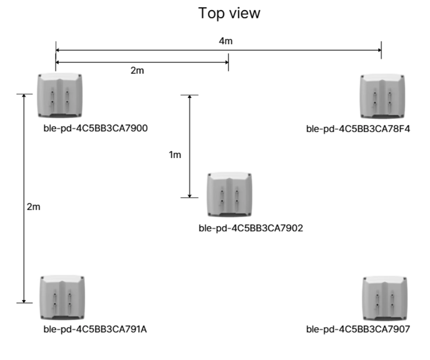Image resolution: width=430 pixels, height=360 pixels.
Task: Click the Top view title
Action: coord(229,13)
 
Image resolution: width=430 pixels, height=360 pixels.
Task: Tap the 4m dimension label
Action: coord(226,41)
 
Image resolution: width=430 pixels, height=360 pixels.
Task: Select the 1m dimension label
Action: coord(175,155)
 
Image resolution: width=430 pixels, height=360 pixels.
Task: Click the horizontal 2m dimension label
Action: coord(137,71)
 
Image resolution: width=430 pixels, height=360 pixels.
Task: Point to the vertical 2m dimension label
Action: coord(33,206)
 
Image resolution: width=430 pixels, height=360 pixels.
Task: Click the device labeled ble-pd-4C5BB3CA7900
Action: coord(60,95)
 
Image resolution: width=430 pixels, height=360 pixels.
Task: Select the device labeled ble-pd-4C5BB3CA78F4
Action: coord(382,96)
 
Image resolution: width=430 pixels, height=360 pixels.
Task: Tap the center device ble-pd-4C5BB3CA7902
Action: coord(230,195)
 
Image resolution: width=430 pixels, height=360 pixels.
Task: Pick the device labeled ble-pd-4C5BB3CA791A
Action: coord(62,297)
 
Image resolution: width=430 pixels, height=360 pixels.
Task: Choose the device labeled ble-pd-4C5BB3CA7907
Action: coord(385,298)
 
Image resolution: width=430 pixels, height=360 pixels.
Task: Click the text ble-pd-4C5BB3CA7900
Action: coord(96,128)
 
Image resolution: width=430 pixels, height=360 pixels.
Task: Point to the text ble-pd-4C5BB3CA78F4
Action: coord(358,129)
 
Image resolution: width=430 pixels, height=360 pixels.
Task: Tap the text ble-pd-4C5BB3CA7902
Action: coord(251,228)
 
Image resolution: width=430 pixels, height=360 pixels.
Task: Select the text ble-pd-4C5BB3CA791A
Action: coord(95,329)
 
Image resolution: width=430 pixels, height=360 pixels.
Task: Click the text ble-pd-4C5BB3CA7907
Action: coord(358,329)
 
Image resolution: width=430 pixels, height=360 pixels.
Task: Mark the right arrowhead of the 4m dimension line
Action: coord(380,50)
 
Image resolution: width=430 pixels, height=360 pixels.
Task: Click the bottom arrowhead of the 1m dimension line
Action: coord(189,196)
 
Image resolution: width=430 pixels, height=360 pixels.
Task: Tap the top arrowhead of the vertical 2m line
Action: coord(24,96)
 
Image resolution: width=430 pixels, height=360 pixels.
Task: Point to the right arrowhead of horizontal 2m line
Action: coord(227,63)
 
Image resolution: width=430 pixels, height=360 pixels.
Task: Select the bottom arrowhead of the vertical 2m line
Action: coord(24,301)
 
